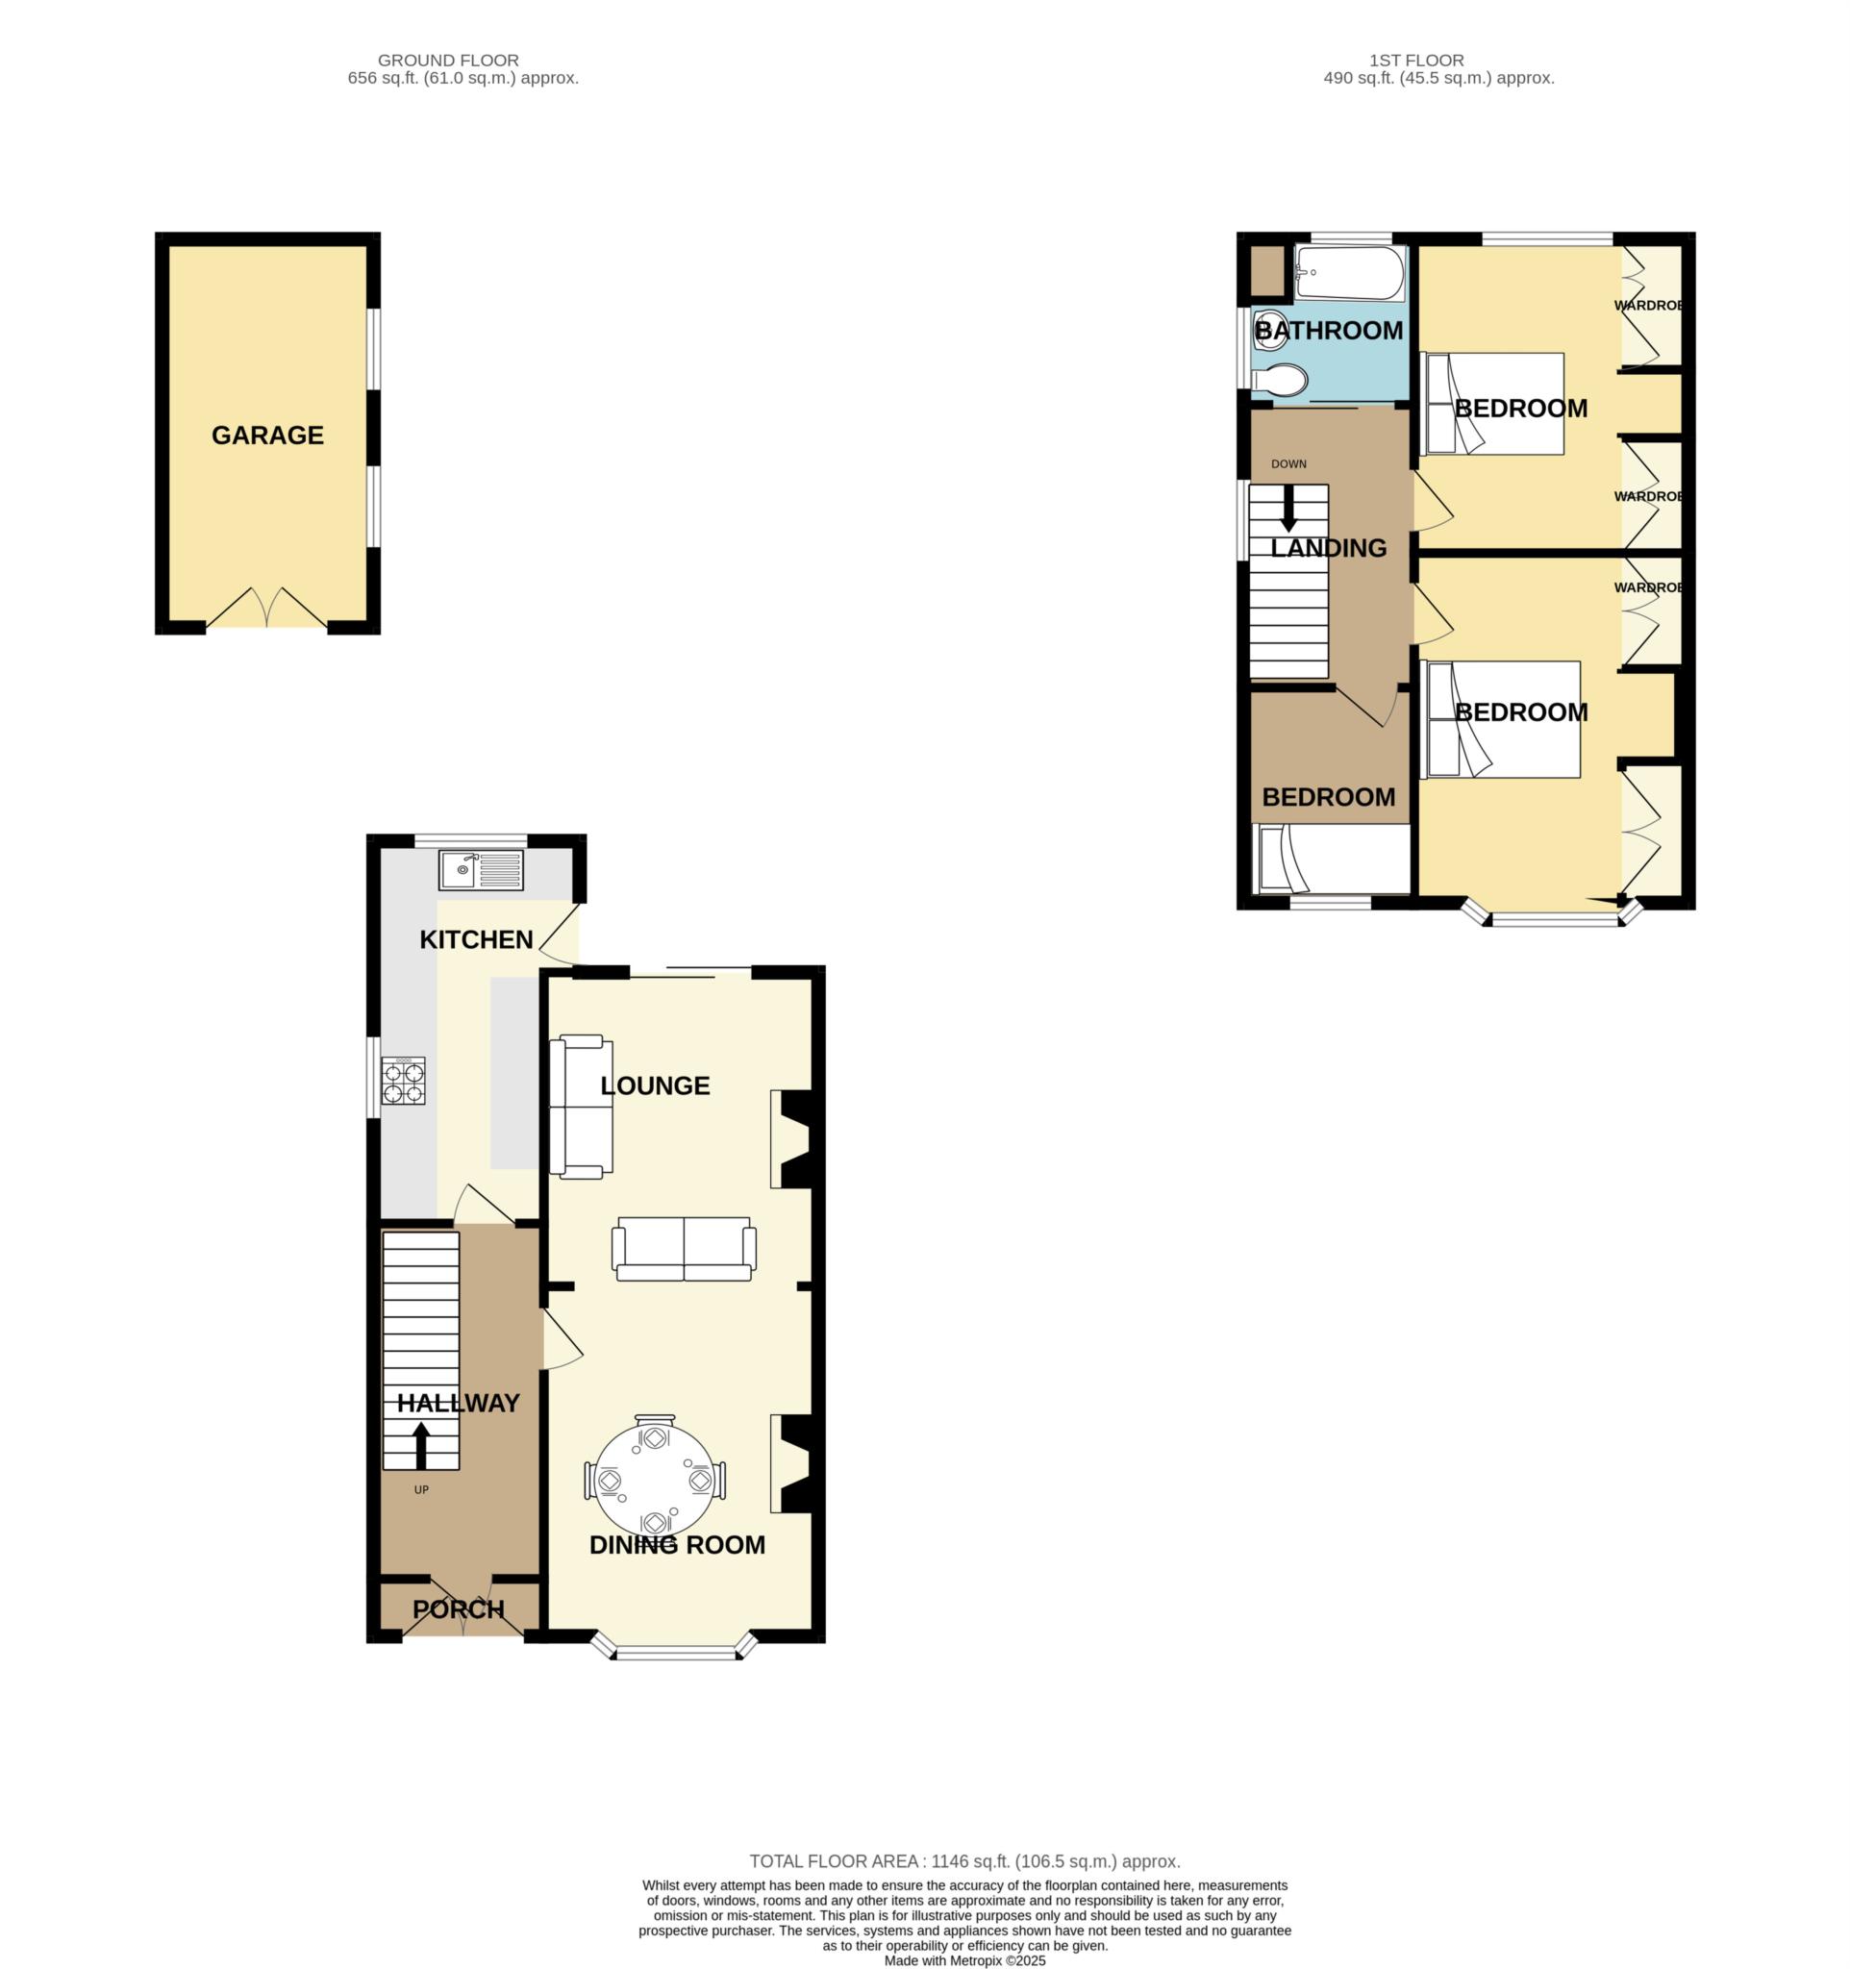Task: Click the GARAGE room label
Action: tap(267, 436)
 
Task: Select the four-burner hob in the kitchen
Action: tap(403, 1082)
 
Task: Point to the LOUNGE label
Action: tap(655, 1086)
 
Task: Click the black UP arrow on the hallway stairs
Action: tap(421, 1445)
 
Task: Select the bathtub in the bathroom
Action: tap(1349, 273)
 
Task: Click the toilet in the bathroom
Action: tap(1280, 381)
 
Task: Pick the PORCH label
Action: tap(459, 1609)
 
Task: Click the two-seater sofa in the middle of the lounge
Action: tap(684, 1249)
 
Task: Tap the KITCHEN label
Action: tap(476, 940)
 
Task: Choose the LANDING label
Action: tap(1328, 549)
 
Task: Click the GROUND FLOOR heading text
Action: tap(448, 61)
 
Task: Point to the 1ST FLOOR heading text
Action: tap(1415, 61)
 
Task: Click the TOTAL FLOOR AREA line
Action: tap(963, 1861)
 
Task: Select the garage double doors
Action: tap(266, 610)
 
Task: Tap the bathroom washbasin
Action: tap(1268, 328)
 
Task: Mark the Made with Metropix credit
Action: tap(963, 1960)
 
